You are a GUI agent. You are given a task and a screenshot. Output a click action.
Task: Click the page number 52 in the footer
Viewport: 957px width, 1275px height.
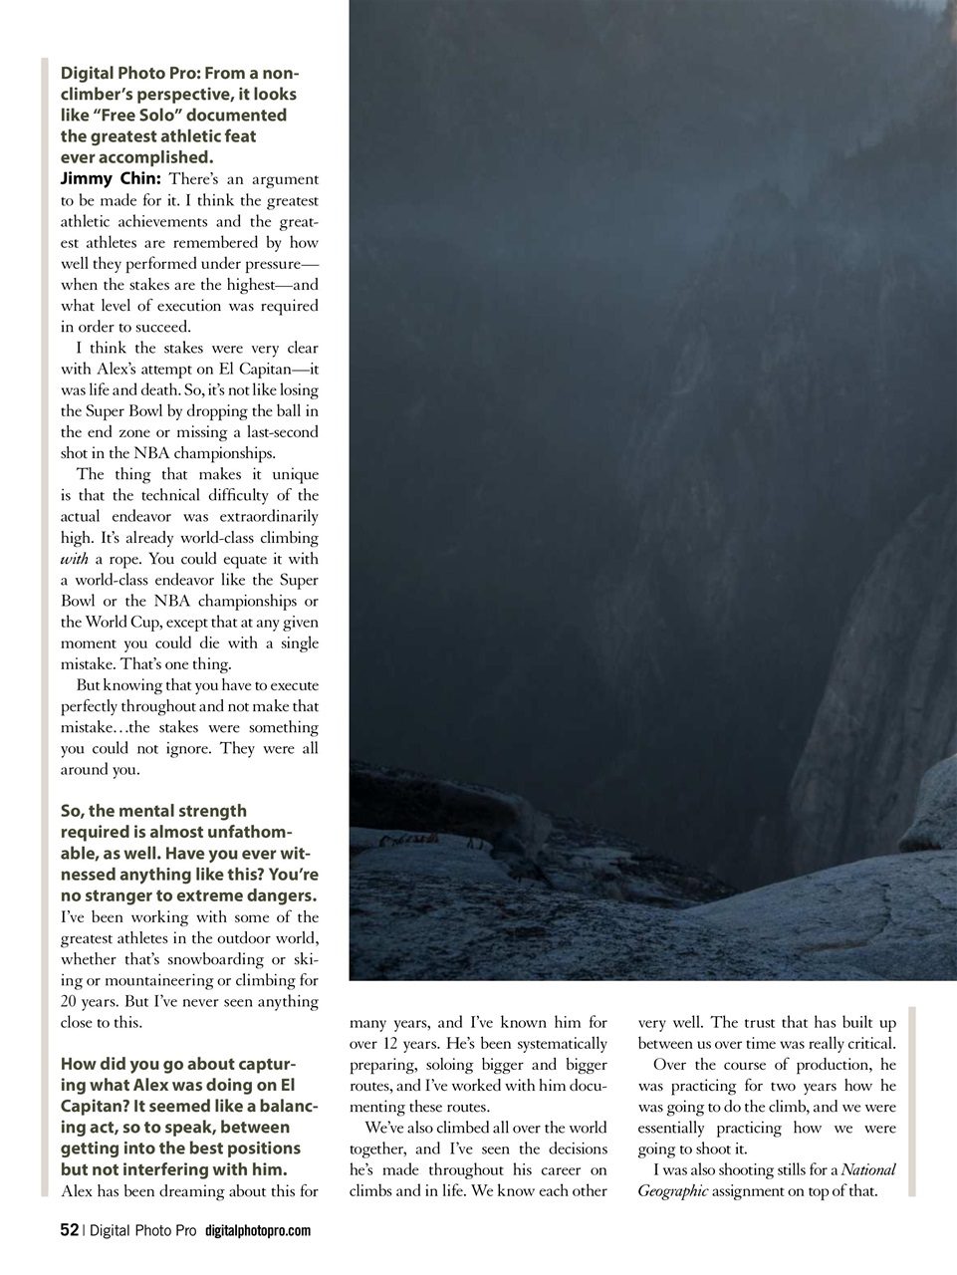coord(69,1230)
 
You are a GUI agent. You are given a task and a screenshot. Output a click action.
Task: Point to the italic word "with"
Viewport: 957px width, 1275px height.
coord(75,560)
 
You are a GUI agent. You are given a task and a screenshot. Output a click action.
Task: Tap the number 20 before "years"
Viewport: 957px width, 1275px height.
coord(71,1001)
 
